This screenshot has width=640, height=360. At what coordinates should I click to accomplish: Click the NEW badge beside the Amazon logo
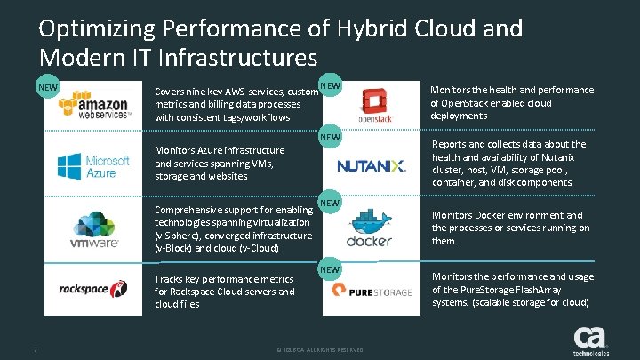tap(48, 89)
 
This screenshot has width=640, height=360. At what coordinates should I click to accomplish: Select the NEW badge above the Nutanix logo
tap(330, 138)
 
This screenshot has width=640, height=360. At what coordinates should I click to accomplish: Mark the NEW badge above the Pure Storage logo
tap(330, 268)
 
